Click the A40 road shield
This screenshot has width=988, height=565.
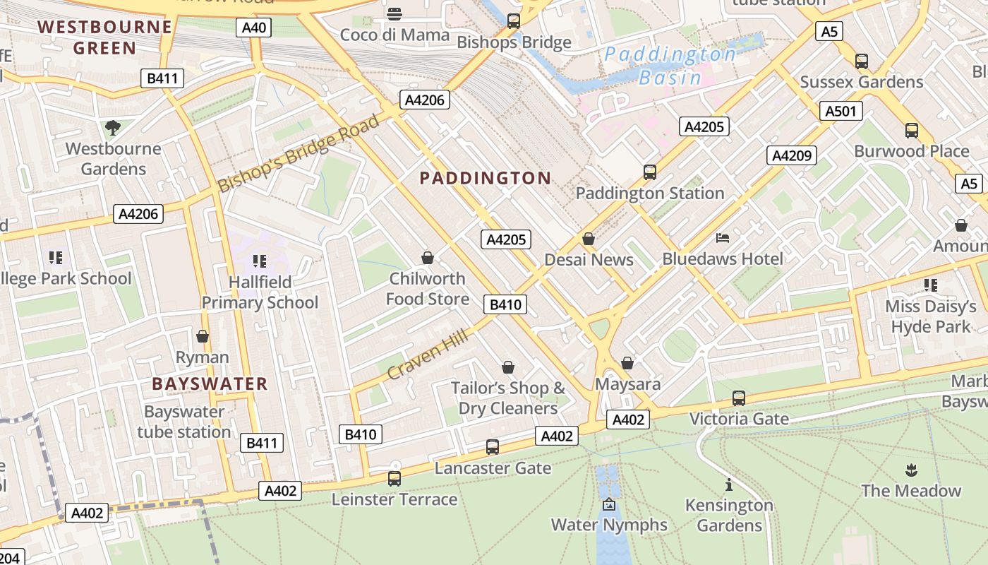(x=254, y=28)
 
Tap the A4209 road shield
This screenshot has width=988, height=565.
(x=793, y=155)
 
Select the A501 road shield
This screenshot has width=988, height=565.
(x=841, y=111)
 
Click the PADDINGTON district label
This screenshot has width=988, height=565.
(x=485, y=178)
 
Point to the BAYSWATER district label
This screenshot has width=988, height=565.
(x=210, y=384)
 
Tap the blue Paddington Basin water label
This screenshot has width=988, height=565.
(x=670, y=66)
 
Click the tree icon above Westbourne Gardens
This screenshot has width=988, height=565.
(x=112, y=128)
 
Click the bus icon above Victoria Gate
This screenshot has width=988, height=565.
(x=738, y=398)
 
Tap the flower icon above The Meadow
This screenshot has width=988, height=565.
(x=910, y=470)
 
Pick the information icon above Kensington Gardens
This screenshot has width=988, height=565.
(x=728, y=484)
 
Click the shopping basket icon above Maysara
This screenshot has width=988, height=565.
(x=627, y=363)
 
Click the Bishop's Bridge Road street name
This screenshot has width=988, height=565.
(x=299, y=153)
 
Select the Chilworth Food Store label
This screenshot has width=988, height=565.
(x=427, y=289)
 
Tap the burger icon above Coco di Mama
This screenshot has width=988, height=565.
(x=394, y=13)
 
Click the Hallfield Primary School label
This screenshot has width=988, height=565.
(x=260, y=292)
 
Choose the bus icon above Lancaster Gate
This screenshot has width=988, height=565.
(x=492, y=447)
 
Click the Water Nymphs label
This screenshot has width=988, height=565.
(x=609, y=525)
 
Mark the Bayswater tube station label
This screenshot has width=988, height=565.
(x=184, y=422)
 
